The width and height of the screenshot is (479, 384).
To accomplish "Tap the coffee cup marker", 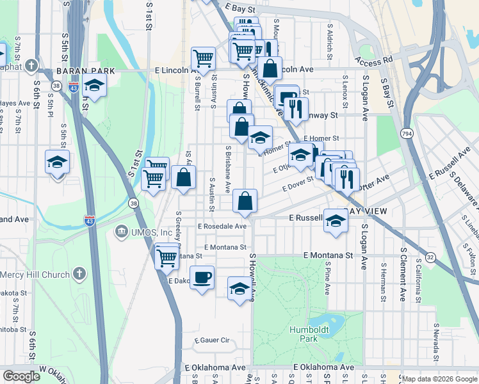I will (202, 278).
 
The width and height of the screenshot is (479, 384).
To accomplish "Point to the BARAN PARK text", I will (85, 71).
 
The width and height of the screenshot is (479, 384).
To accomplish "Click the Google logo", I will (21, 376).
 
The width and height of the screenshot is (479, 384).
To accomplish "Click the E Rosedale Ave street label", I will (222, 227).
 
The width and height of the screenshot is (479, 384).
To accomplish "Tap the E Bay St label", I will (241, 8).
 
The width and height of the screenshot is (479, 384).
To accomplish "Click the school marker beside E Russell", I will (335, 220).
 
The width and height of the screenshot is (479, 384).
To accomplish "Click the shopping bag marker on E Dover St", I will (245, 201).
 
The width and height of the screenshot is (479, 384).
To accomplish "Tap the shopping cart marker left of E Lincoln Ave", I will (203, 59).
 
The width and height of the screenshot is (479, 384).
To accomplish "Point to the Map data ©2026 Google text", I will (439, 379).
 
